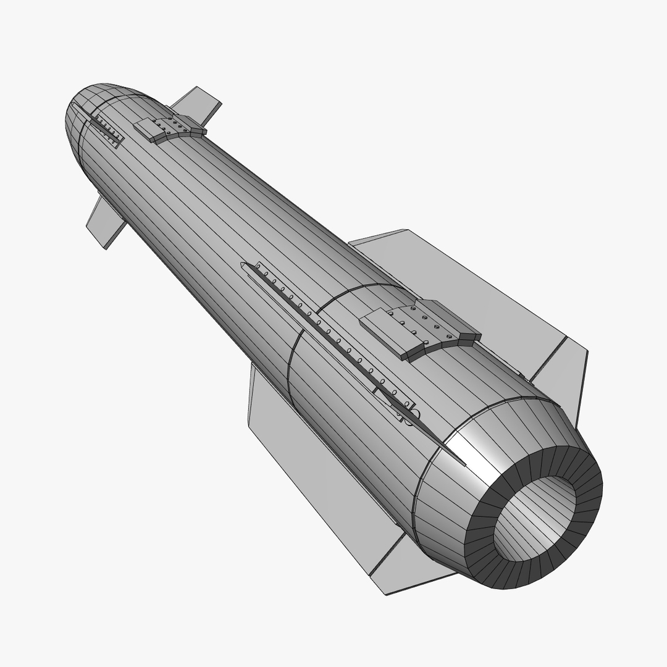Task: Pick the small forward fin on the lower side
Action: click(105, 222)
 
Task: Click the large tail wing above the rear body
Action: click(469, 278)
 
